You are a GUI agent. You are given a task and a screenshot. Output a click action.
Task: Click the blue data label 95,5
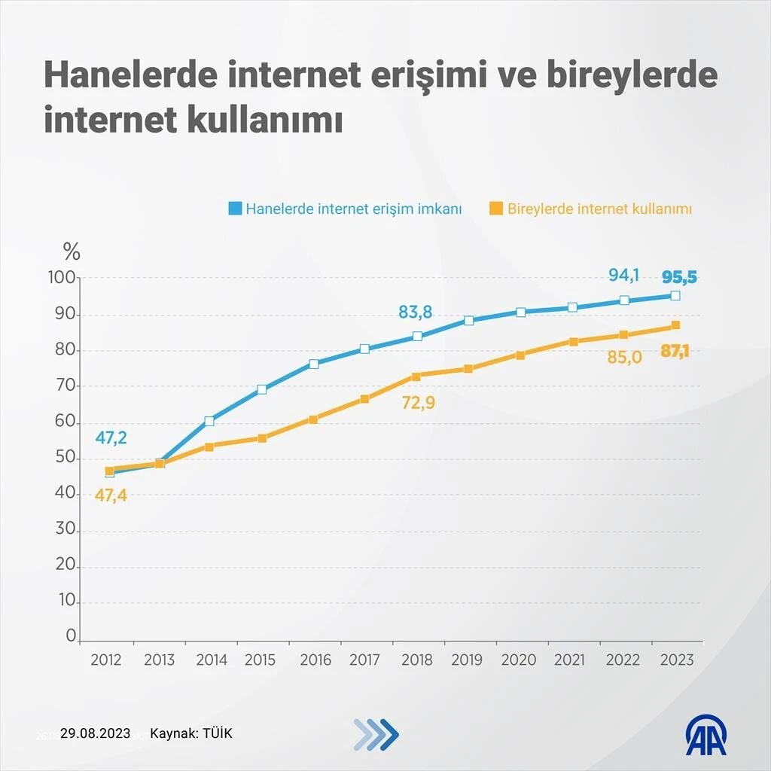click(x=678, y=277)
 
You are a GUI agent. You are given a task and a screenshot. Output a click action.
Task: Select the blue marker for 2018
click(x=417, y=337)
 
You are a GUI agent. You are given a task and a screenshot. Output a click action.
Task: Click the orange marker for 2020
click(x=520, y=355)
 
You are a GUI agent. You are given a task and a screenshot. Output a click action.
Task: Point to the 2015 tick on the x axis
click(x=260, y=660)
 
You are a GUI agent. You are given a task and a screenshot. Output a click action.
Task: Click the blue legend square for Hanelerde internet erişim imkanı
click(x=236, y=209)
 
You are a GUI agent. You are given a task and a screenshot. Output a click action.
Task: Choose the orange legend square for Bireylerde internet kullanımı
click(x=496, y=209)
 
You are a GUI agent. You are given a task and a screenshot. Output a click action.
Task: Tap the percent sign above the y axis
click(x=72, y=251)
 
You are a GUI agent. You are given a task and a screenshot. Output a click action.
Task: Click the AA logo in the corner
click(x=705, y=733)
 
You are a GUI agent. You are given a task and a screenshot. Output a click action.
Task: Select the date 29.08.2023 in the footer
click(x=96, y=733)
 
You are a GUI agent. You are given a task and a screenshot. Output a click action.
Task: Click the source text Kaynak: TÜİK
click(x=191, y=733)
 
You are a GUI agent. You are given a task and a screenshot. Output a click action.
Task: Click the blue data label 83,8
click(x=415, y=312)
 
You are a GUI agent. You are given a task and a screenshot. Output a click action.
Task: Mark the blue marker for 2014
click(x=209, y=422)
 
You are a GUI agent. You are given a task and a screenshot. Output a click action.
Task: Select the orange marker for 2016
click(x=313, y=419)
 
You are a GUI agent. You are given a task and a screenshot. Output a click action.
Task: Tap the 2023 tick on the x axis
click(x=677, y=660)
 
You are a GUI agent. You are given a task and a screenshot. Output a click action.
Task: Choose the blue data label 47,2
click(x=111, y=438)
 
